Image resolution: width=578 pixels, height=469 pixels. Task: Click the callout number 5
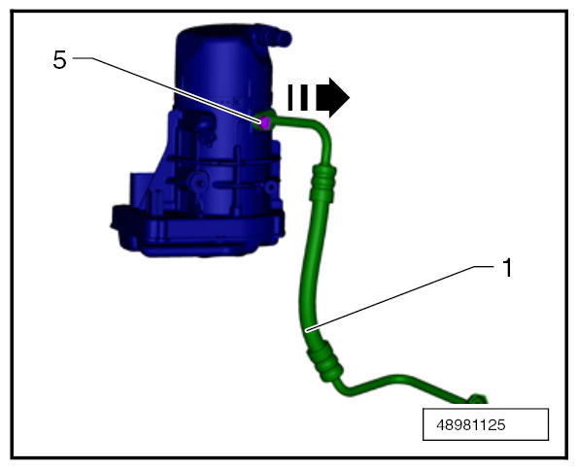[x=60, y=59]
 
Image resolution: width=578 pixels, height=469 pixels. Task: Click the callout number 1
[x=508, y=268]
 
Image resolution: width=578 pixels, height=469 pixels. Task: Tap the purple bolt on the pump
[x=264, y=122]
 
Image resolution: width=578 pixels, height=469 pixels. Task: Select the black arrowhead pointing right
[x=333, y=98]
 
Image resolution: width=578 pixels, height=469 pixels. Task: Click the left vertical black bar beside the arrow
[x=290, y=98]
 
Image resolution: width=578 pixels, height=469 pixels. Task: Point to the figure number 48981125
[x=471, y=424]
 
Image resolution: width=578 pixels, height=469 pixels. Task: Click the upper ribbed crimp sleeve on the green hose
[x=323, y=184]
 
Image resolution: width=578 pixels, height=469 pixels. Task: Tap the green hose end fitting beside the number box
[x=478, y=399]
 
